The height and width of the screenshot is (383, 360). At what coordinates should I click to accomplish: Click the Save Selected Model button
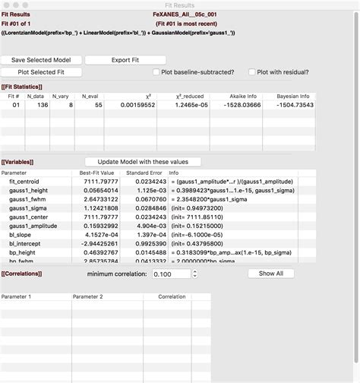tap(41, 59)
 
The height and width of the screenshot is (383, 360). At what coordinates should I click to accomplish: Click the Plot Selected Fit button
tap(41, 72)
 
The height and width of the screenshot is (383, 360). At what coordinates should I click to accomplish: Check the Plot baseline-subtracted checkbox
tap(157, 72)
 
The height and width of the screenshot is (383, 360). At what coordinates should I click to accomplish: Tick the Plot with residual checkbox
tap(251, 72)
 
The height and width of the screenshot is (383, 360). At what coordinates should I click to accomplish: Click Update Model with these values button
tap(143, 162)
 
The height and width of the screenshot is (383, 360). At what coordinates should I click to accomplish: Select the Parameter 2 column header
tap(87, 296)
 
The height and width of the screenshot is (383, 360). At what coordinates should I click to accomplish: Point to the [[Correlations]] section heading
tap(21, 273)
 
